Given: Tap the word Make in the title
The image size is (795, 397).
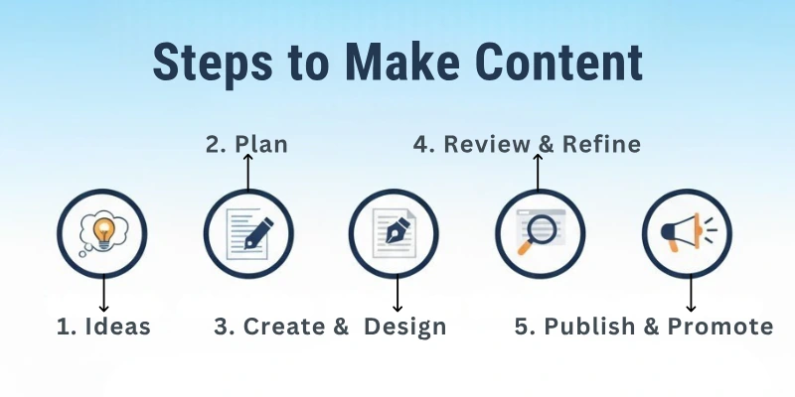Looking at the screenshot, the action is point(402,62).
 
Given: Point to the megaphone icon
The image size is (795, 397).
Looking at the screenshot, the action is point(689,232).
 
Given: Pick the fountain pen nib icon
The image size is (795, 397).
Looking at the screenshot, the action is point(394,231).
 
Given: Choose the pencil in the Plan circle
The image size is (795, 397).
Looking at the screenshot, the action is point(258,233).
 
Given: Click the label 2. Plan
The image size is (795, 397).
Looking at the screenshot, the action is point(246,144).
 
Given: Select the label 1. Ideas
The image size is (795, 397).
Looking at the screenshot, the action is point(103,327).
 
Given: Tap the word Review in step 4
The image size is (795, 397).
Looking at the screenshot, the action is point(487,144).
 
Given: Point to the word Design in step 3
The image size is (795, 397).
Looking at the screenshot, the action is point(405,328).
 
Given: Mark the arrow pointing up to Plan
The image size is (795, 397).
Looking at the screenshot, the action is point(247,172).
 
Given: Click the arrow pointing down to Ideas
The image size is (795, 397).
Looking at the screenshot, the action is point(104,293).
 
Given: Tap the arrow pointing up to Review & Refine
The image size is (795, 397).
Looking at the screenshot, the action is point(538,172).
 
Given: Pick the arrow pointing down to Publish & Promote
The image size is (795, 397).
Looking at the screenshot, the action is point(691,293).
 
